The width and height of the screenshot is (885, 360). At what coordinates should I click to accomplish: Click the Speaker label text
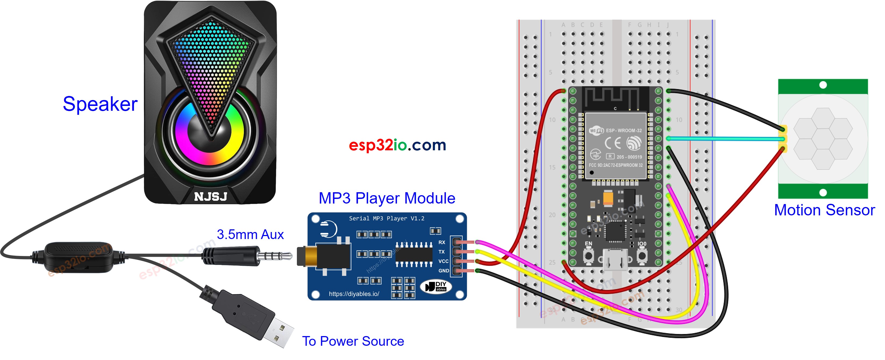tap(100, 104)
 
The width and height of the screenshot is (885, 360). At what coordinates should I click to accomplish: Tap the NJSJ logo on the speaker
tap(211, 197)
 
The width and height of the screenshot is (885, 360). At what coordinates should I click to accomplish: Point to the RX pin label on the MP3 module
tap(442, 242)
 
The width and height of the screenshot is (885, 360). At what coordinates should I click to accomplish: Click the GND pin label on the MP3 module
tap(443, 271)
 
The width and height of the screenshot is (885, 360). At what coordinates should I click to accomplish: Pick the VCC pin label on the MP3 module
tap(443, 261)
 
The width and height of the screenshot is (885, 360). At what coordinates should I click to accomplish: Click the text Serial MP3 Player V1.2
tap(386, 219)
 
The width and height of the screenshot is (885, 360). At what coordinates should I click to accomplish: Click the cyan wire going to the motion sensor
tap(721, 139)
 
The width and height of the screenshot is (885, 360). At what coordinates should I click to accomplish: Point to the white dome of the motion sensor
tap(823, 139)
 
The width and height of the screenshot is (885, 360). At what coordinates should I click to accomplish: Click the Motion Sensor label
tap(824, 210)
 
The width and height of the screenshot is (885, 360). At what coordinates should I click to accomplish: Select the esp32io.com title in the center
tap(397, 145)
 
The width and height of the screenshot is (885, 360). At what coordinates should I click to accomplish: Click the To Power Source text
tap(353, 341)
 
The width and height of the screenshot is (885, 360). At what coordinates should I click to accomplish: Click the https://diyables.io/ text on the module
tap(354, 294)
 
